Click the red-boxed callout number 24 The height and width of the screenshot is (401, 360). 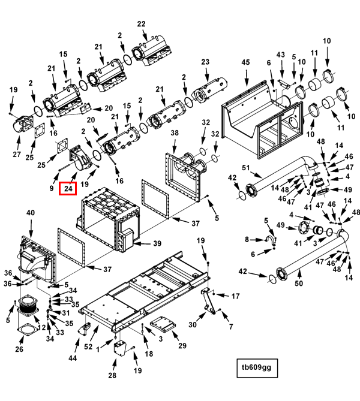click(68, 189)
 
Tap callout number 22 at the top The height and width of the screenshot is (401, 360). click(141, 24)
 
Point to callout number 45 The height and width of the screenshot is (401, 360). click(245, 62)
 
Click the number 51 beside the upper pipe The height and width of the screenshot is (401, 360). click(245, 167)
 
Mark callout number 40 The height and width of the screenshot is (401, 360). click(30, 213)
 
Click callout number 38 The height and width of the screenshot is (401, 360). click(175, 132)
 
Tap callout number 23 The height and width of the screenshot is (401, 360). click(205, 62)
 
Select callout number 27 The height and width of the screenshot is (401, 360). click(16, 154)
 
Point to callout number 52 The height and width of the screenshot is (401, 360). click(89, 346)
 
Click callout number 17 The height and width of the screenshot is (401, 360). click(235, 296)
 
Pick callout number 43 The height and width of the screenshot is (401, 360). click(280, 55)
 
